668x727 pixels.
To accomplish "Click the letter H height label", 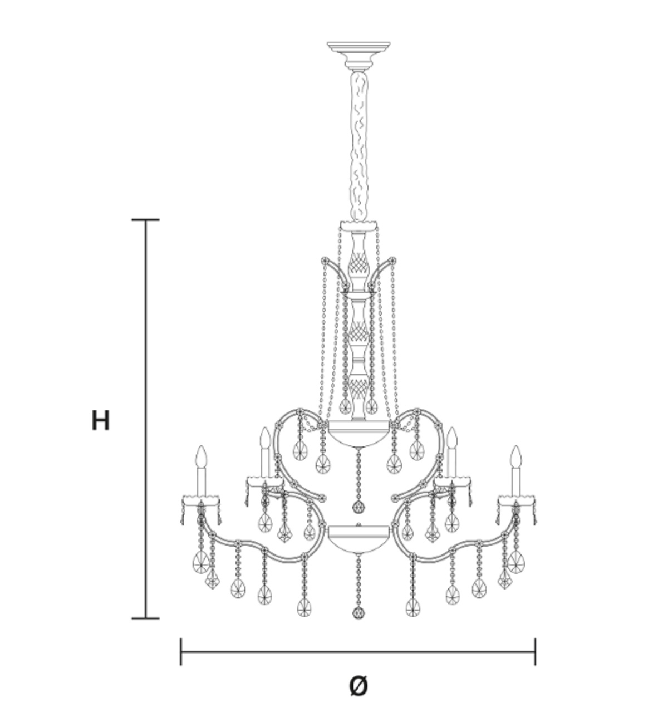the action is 100,421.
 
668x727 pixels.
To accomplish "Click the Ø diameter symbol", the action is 358,686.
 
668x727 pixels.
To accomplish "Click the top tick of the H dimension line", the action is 146,220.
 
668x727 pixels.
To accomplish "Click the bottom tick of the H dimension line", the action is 146,618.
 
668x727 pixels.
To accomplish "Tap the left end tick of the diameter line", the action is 181,652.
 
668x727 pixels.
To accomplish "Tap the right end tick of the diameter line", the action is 535,652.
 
